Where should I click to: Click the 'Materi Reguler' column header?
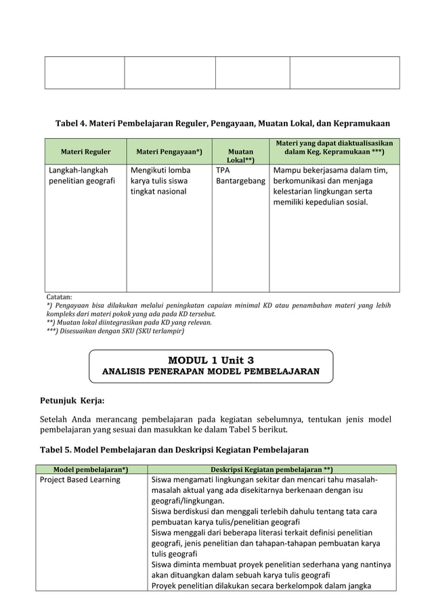85,152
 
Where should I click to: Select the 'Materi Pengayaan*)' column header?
169,152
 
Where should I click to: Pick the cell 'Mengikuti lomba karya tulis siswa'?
160,181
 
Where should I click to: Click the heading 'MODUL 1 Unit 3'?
211,360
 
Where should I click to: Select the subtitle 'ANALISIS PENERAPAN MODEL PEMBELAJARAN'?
211,372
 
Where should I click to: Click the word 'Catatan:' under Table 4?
60,297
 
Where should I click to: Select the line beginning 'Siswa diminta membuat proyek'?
271,565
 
